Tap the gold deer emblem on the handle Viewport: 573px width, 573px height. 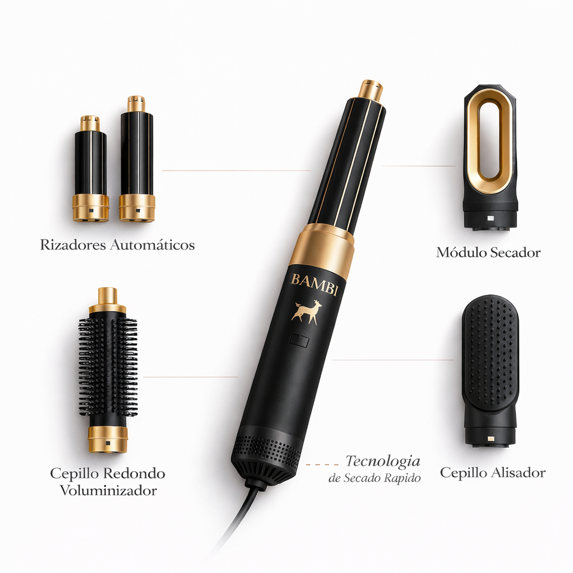pos(307,312)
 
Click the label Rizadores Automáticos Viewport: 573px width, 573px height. pos(118,245)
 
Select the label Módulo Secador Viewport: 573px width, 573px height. pos(488,252)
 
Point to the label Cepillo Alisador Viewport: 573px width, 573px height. pos(492,472)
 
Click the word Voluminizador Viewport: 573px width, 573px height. pos(109,491)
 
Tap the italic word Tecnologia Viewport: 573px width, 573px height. pos(383,461)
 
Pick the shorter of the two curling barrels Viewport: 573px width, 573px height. pos(91,168)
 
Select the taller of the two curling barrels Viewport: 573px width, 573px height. pos(137,159)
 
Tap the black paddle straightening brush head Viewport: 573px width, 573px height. pos(490,358)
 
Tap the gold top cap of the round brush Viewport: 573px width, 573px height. pos(107,300)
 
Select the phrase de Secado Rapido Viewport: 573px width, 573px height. pos(375,478)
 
